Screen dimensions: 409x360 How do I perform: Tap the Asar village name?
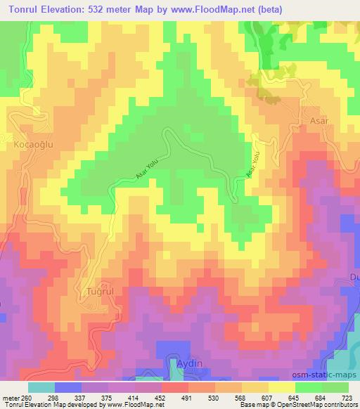(320, 120)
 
